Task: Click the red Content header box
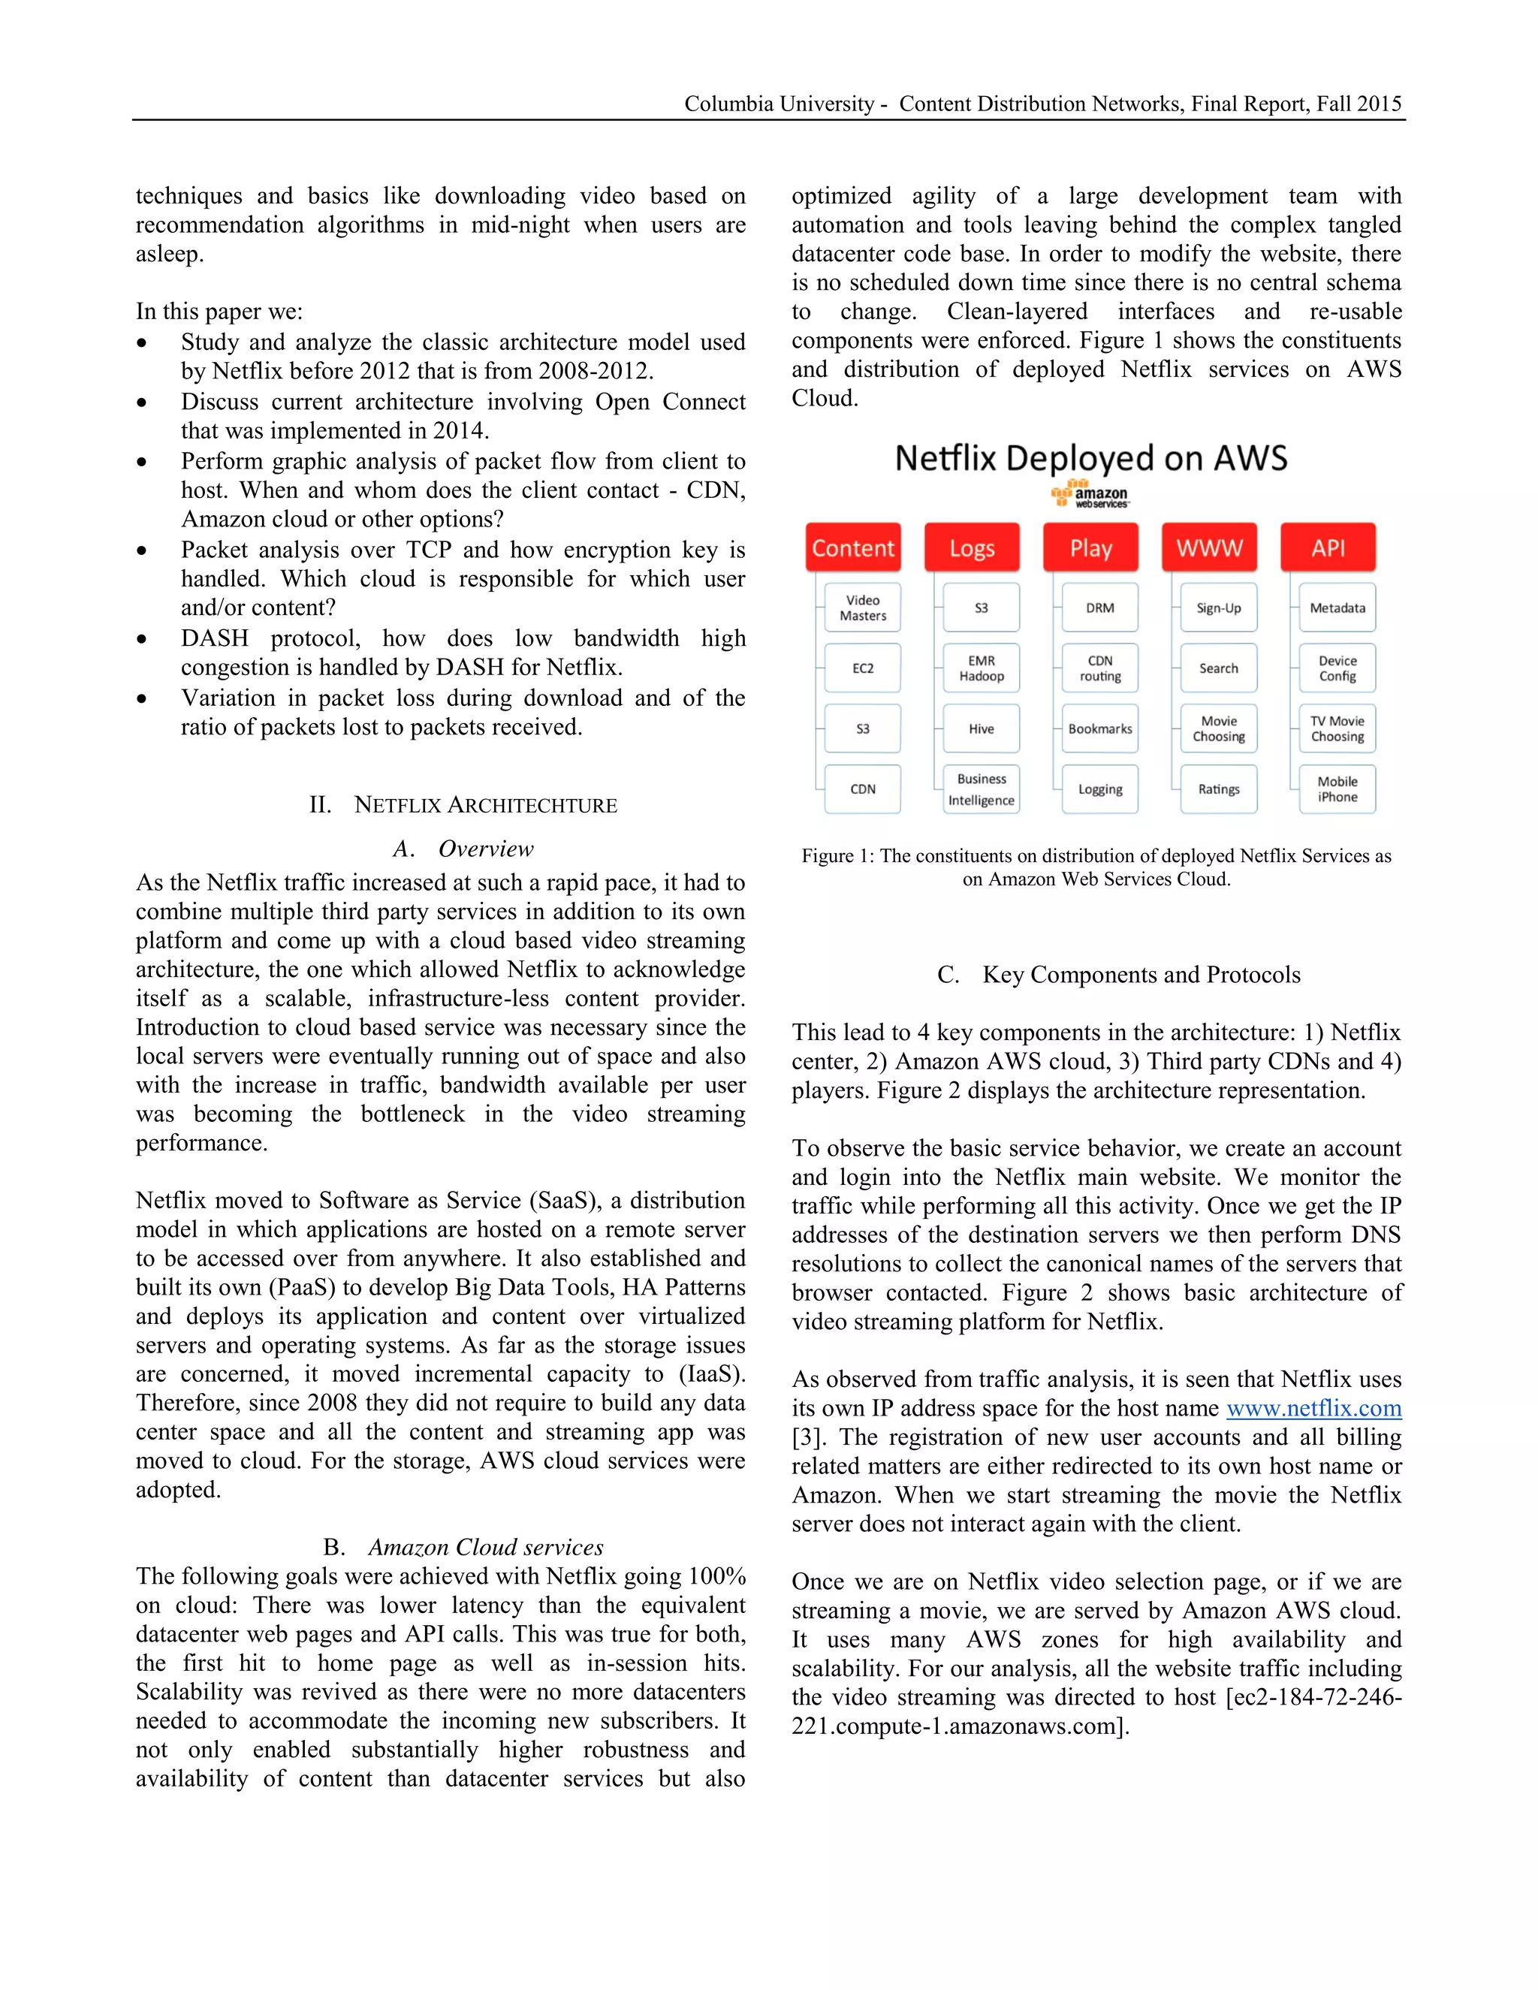click(853, 547)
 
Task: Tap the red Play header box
click(1090, 547)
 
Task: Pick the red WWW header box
click(1209, 547)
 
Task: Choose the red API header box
click(1328, 547)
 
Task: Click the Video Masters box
click(862, 608)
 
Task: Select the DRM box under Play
click(1099, 608)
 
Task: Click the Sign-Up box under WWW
click(1218, 608)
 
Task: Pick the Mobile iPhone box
click(1337, 789)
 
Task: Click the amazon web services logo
click(1090, 496)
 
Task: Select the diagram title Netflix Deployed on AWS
click(1090, 457)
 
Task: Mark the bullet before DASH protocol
click(142, 640)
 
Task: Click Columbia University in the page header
click(779, 104)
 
